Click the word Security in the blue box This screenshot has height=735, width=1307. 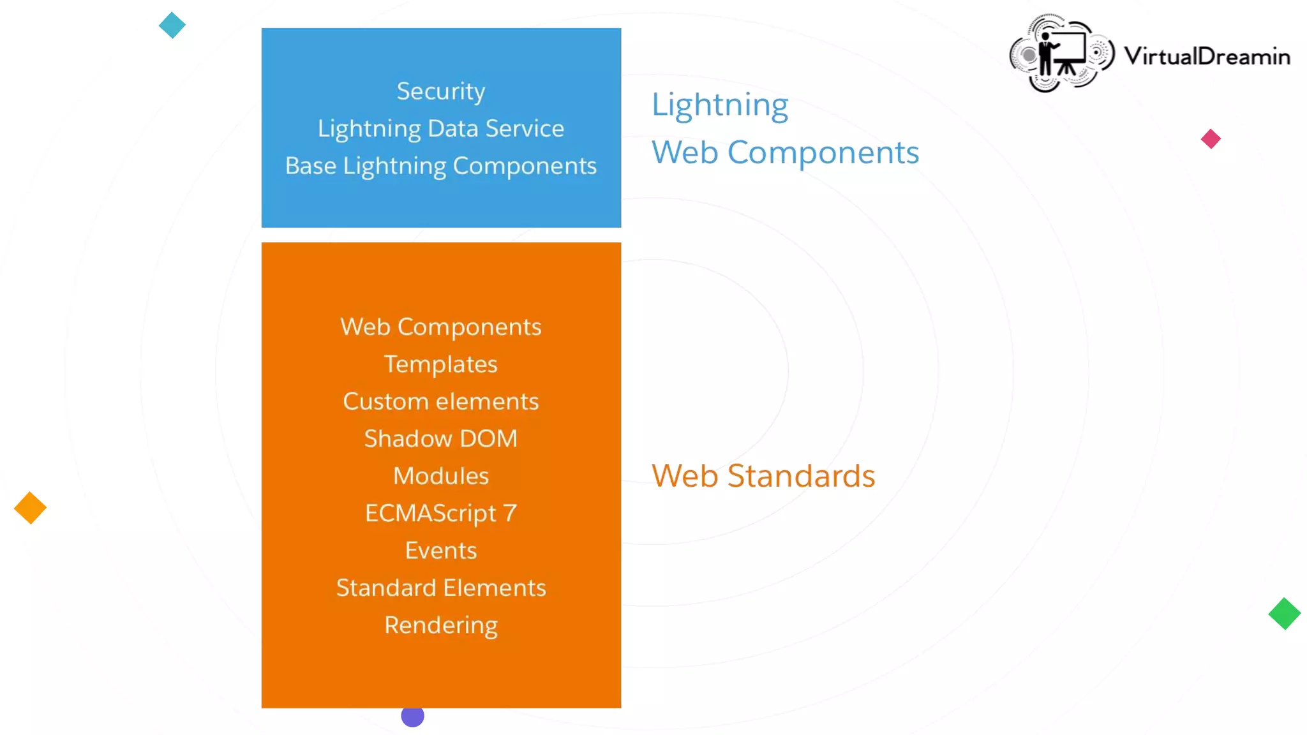click(x=441, y=91)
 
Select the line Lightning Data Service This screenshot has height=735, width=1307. click(x=441, y=129)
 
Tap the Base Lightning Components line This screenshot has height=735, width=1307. click(x=441, y=166)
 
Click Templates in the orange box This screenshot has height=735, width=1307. click(x=441, y=364)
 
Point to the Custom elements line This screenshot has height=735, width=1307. click(x=441, y=401)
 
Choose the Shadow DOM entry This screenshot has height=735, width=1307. click(x=441, y=439)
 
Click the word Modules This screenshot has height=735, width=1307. click(x=441, y=476)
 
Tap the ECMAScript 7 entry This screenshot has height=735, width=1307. click(x=441, y=514)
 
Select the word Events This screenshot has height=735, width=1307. click(x=441, y=551)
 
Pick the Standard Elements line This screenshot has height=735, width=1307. click(x=441, y=588)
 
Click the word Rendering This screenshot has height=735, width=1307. click(x=441, y=625)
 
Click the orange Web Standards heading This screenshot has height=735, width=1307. click(x=763, y=476)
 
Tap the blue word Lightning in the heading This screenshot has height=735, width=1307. click(x=720, y=105)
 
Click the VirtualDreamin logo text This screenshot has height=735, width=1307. click(x=1207, y=56)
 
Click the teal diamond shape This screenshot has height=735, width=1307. click(x=172, y=26)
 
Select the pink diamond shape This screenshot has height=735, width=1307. click(x=1211, y=139)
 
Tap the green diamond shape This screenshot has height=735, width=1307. click(x=1284, y=614)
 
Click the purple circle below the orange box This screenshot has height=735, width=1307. click(x=413, y=716)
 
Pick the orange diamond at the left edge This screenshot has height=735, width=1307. click(x=30, y=509)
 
